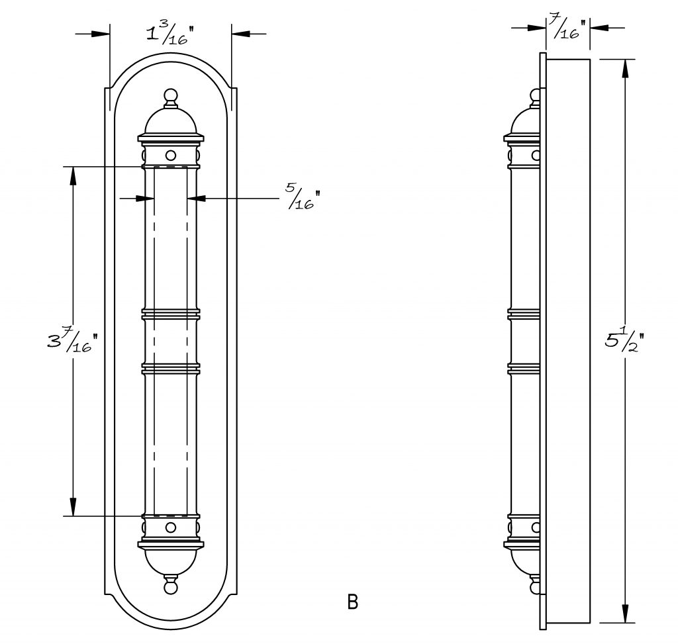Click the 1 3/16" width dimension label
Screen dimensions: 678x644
(168, 34)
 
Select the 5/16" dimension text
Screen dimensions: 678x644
(303, 197)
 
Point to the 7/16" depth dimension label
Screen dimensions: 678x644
(567, 27)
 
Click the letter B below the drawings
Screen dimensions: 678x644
(353, 602)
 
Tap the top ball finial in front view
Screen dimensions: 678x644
(171, 95)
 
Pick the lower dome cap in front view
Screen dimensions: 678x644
(171, 561)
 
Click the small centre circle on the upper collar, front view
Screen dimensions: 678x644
(171, 155)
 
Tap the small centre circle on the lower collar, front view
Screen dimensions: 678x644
(171, 528)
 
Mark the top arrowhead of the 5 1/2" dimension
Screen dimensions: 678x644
(625, 68)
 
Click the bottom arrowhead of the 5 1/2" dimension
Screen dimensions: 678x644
(625, 614)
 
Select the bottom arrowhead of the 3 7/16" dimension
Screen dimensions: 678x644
(73, 506)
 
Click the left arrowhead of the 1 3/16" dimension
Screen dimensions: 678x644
(101, 33)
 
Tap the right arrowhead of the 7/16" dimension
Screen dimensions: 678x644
(600, 28)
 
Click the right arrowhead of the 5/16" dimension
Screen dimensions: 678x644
(196, 199)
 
